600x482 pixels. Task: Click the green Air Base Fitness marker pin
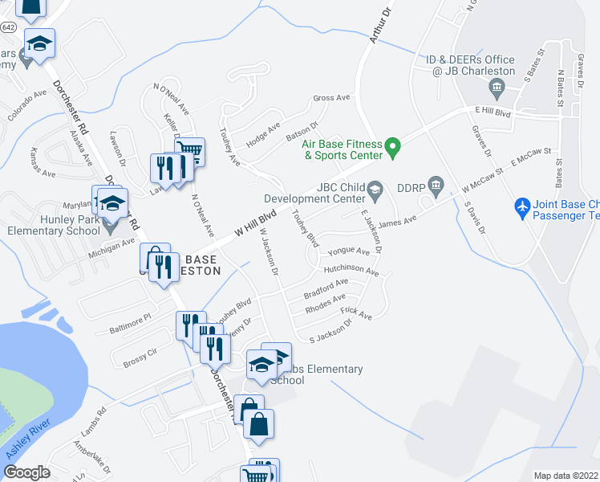point(392,147)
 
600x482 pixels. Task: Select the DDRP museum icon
point(436,186)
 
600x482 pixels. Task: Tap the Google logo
point(26,472)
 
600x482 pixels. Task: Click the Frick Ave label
point(356,312)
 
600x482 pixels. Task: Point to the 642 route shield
point(8,27)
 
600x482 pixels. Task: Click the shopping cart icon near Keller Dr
point(189,149)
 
